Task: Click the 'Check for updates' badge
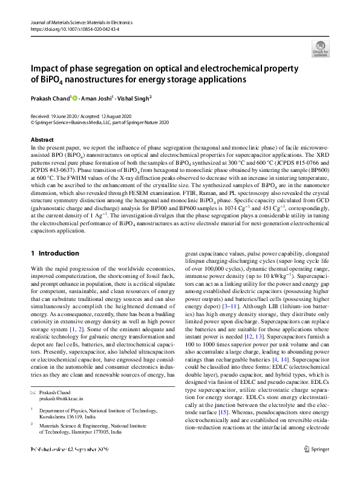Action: (320, 48)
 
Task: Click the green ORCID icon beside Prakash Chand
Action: (76, 97)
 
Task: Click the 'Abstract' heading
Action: (42, 139)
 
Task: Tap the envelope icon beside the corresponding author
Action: (33, 393)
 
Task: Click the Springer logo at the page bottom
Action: (316, 449)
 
